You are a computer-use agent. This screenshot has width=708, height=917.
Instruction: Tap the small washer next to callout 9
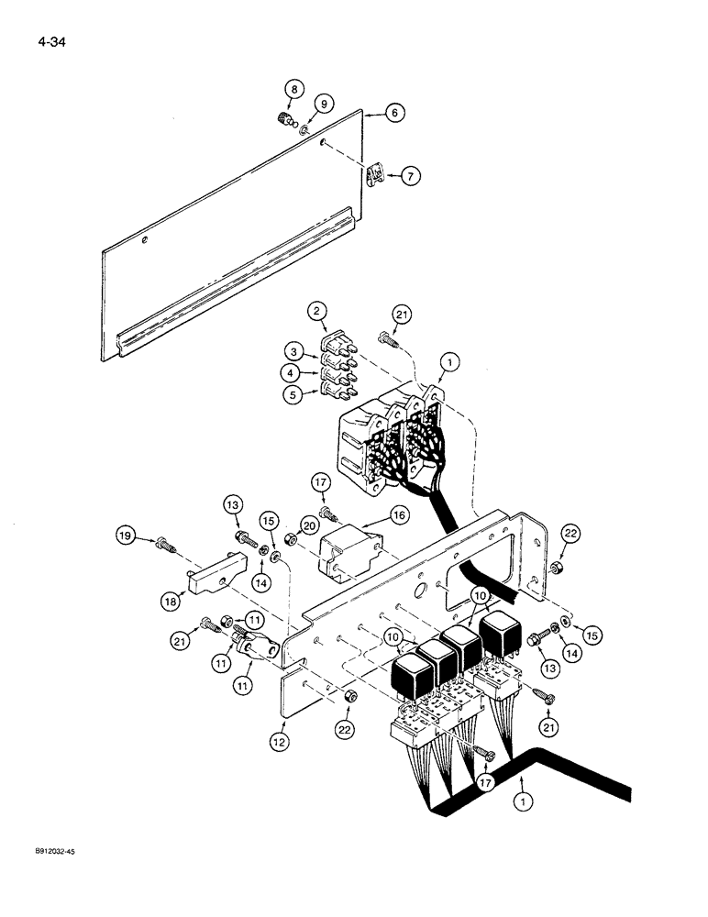[x=304, y=131]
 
